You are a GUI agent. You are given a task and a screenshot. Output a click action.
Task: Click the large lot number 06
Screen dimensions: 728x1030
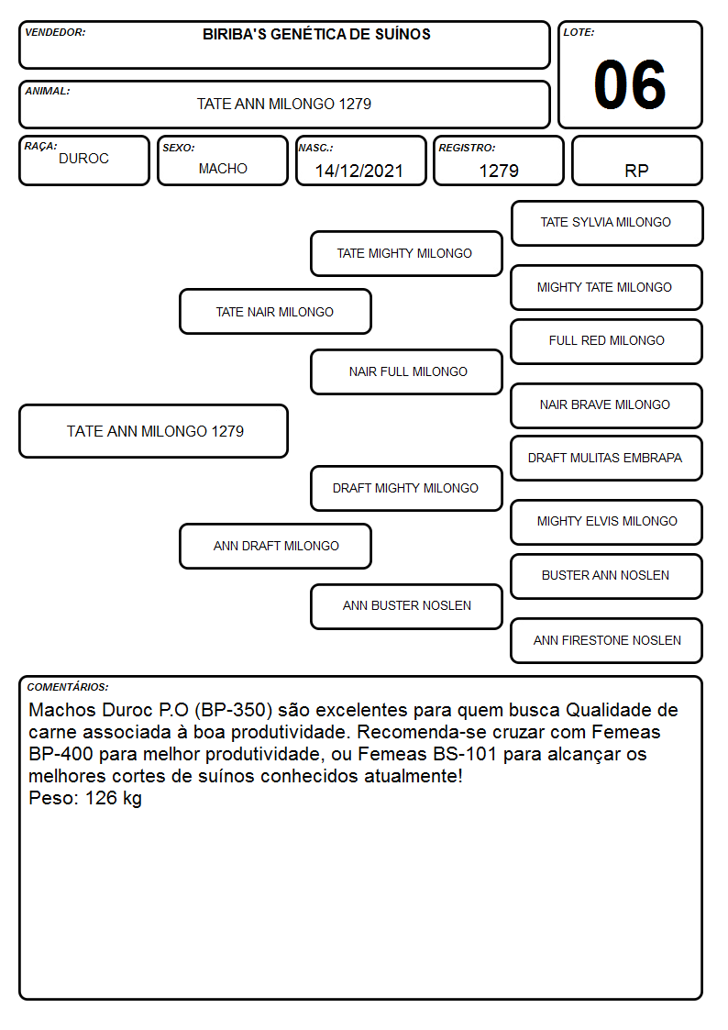[x=630, y=84]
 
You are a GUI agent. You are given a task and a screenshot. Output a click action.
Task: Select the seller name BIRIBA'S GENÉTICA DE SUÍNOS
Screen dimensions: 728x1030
[x=316, y=34]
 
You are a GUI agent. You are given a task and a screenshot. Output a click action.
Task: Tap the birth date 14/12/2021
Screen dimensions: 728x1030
[x=359, y=171]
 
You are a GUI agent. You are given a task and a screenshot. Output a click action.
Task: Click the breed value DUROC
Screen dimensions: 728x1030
[x=84, y=159]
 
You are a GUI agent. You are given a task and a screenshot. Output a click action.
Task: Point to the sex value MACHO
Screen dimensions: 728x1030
[x=223, y=169]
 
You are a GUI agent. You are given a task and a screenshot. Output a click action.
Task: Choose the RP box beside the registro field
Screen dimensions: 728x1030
[x=636, y=161]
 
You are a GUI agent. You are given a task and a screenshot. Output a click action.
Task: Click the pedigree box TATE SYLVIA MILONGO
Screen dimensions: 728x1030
[x=607, y=224]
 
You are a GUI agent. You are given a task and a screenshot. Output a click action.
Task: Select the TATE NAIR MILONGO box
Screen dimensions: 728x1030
[x=275, y=311]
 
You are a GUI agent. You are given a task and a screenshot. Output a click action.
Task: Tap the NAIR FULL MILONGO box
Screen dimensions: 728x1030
[x=406, y=371]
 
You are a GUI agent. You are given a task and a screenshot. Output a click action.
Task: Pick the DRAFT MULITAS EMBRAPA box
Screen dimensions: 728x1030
[x=606, y=458]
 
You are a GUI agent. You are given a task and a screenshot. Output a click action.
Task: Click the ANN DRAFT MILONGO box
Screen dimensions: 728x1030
[x=275, y=546]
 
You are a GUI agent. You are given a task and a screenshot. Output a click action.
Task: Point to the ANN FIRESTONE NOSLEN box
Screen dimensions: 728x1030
[x=606, y=640]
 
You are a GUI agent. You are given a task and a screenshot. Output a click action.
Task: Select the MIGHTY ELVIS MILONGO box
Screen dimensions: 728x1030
[x=606, y=522]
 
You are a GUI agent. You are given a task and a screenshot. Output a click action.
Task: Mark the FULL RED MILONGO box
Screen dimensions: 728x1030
[x=606, y=341]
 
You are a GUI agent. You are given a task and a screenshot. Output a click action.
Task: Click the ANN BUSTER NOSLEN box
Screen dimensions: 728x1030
[x=406, y=606]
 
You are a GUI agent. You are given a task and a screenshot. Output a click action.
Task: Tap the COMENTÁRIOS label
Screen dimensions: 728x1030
[x=68, y=687]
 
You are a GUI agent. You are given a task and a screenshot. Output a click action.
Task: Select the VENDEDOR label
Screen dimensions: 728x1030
[x=55, y=32]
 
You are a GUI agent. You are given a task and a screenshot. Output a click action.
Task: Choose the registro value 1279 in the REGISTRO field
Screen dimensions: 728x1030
[x=499, y=171]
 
